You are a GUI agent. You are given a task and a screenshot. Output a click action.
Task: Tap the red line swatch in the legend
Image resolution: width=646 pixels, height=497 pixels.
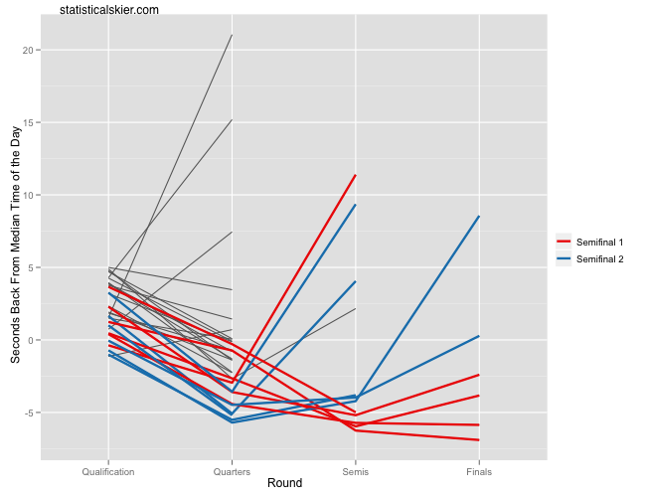tap(564, 242)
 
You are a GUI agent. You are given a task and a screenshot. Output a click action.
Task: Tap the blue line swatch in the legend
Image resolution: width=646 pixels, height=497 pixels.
tap(564, 258)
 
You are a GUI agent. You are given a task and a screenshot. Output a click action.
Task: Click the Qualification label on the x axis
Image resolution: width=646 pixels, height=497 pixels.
tap(108, 471)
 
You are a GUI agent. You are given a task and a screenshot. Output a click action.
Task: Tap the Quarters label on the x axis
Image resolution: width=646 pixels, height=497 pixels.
tap(232, 471)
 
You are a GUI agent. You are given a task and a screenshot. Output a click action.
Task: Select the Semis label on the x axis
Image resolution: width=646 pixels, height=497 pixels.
tap(355, 471)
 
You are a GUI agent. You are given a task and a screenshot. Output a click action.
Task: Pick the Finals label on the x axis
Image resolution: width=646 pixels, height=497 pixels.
tap(479, 471)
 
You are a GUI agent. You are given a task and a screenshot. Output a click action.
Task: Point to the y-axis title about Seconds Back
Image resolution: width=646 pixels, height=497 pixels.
tap(16, 245)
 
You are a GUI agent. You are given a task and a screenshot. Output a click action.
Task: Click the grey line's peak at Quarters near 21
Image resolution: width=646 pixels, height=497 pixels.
tap(232, 36)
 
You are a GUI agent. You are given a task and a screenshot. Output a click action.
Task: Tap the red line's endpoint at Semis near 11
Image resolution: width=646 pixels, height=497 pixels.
tap(355, 175)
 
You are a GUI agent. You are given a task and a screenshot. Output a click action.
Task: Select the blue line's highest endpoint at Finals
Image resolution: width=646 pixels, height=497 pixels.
tap(479, 217)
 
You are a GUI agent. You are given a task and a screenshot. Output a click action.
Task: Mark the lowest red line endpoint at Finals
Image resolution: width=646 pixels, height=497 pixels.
tap(479, 439)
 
